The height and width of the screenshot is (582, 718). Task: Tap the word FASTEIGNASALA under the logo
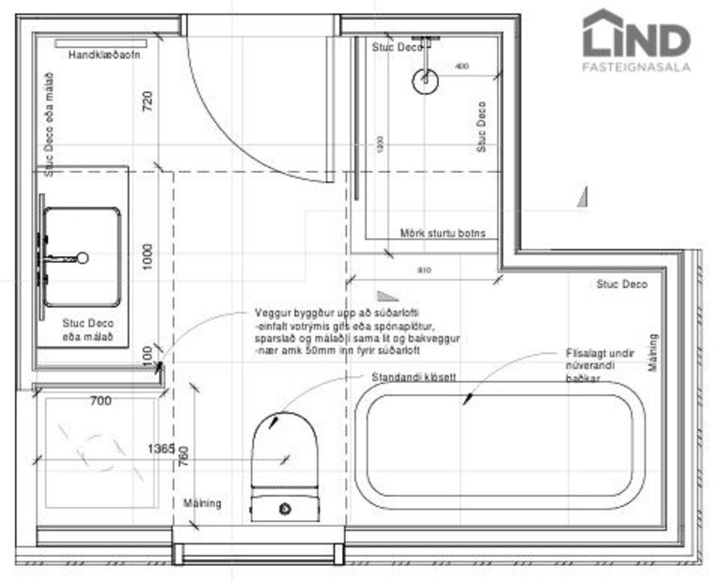point(636,67)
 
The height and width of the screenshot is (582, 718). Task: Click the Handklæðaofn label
point(105,56)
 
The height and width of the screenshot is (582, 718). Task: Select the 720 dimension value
point(148,100)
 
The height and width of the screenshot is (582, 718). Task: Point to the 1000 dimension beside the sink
point(148,255)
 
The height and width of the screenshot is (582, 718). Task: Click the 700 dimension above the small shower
point(101,401)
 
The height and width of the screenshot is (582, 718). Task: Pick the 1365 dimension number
point(161,450)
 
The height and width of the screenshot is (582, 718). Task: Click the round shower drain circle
point(425,81)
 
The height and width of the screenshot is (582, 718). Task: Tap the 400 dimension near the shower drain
point(461,67)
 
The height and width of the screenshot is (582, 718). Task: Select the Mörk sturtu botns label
point(443,233)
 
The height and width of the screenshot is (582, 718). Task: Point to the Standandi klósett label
point(414,376)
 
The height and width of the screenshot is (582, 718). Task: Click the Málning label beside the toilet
point(203,503)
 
